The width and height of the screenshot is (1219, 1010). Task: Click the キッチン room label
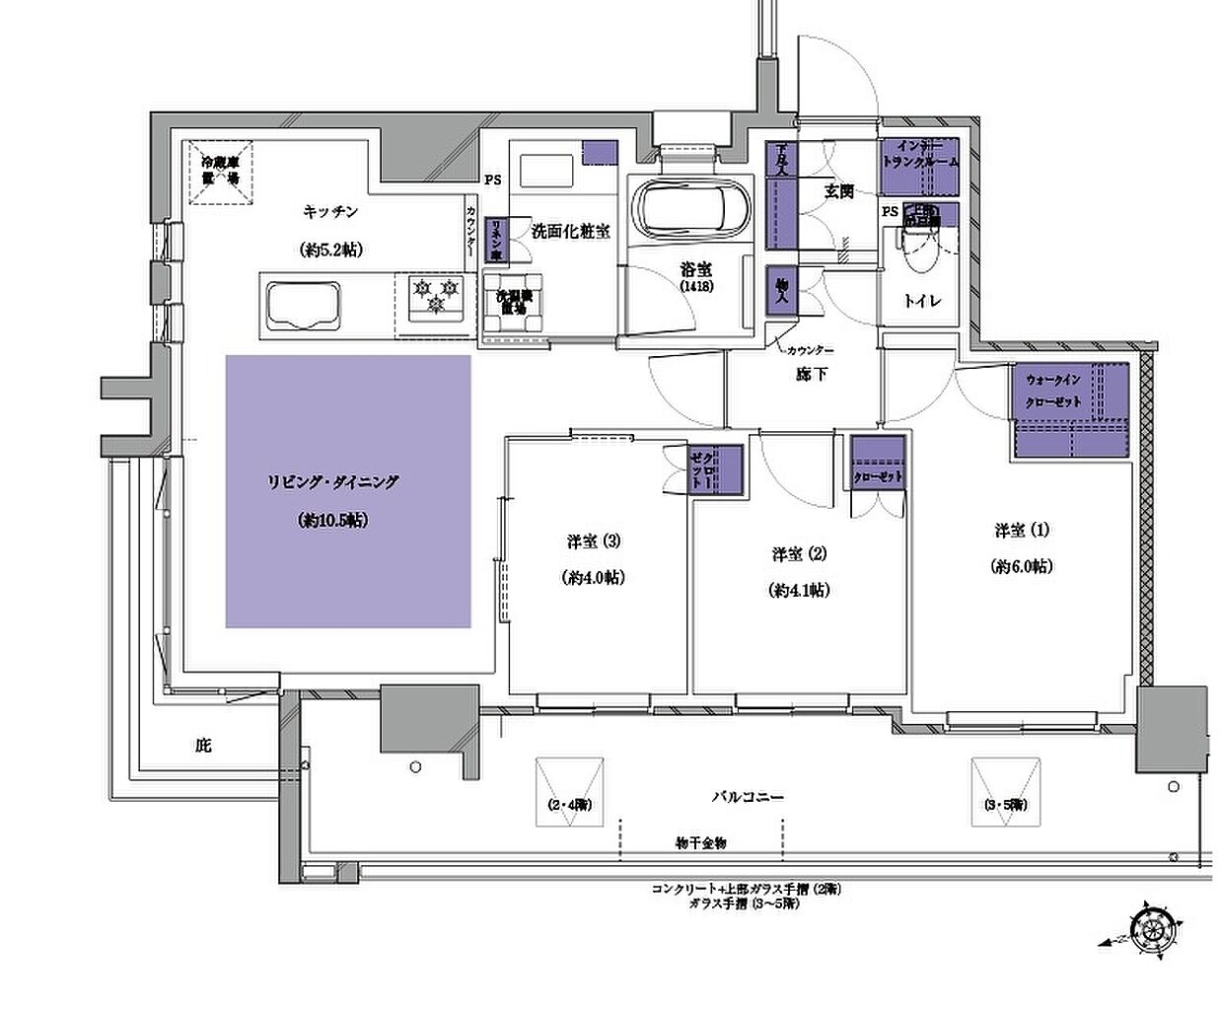(x=329, y=211)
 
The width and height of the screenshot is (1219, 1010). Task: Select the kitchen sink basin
(x=301, y=302)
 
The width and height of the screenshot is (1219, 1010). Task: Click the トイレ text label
(x=923, y=301)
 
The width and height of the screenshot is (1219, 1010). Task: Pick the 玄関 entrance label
(x=838, y=192)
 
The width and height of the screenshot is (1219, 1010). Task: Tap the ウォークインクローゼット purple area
(x=1069, y=412)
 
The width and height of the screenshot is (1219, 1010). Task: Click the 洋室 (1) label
(x=1021, y=531)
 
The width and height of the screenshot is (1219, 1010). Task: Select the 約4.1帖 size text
(x=798, y=590)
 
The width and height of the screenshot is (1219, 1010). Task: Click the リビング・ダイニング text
(x=331, y=482)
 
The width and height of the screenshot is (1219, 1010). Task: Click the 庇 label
(x=202, y=746)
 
